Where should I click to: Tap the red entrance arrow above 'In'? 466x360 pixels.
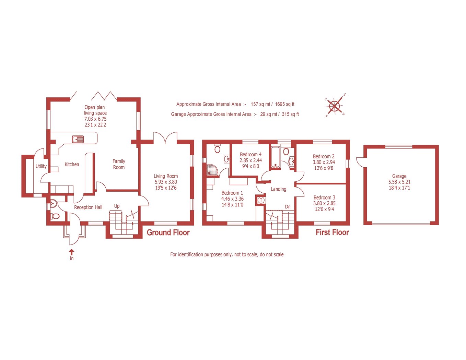coord(72,252)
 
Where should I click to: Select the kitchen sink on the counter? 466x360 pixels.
coord(78,139)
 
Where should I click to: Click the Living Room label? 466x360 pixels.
coord(166,176)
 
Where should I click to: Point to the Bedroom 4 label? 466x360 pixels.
coord(251,154)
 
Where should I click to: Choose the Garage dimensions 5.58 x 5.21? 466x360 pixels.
coord(399,182)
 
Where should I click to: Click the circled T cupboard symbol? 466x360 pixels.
coord(261,200)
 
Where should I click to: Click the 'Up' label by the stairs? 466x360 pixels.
coord(117,206)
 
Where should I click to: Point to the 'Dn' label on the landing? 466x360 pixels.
coord(288,207)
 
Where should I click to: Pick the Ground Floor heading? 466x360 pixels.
coord(168,232)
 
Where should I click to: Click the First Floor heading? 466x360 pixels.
coord(332,232)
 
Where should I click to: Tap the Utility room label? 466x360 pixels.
coord(41,166)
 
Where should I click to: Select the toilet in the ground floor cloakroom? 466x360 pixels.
coord(55,216)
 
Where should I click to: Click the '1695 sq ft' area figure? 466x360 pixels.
coord(284,104)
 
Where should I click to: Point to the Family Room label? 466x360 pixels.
coord(119,164)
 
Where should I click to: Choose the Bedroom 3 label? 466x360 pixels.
coord(324,197)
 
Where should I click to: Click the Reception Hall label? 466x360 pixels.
coord(88,207)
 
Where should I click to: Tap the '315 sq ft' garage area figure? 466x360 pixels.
coord(290,114)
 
